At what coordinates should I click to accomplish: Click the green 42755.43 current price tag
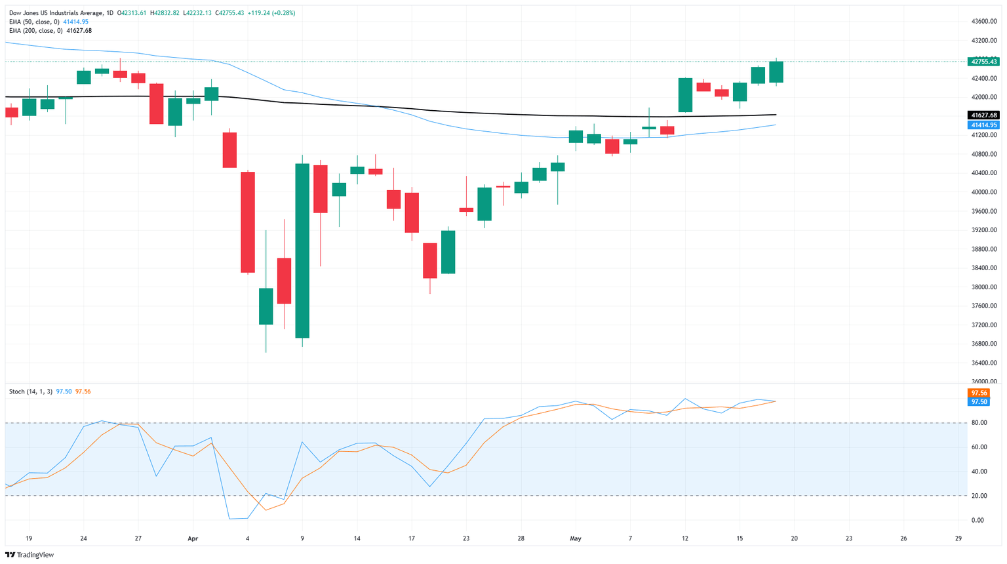(983, 62)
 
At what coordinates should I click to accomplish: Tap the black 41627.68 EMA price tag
(983, 115)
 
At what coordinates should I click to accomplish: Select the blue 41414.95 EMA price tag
(983, 125)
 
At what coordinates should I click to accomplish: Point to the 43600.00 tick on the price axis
(983, 22)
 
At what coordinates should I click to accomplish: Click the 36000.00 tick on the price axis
(983, 382)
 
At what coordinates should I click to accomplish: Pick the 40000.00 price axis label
(983, 192)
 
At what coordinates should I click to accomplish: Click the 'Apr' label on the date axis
(193, 538)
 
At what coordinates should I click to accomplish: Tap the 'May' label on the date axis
(576, 538)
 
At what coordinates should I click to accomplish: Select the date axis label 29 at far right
(958, 538)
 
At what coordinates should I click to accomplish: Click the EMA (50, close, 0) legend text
(34, 22)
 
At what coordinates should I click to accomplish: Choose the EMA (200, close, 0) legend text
(35, 31)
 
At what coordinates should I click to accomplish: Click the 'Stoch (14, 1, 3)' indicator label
(31, 392)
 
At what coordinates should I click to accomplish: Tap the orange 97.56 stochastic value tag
(978, 393)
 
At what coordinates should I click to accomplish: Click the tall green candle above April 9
(302, 251)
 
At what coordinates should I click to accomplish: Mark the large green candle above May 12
(685, 95)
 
